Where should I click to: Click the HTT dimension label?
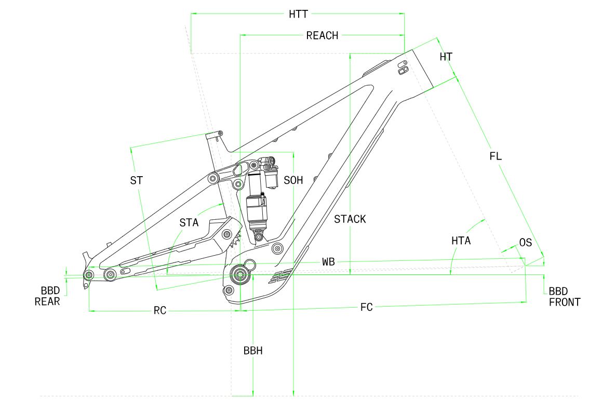point(298,14)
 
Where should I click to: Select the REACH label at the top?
point(322,35)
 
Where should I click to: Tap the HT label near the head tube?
point(446,57)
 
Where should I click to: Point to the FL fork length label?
point(496,155)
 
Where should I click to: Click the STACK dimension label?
point(350,219)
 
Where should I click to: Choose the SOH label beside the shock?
point(293,180)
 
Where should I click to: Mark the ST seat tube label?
point(137,180)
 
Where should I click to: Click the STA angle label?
point(189,222)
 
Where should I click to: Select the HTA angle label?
point(461,241)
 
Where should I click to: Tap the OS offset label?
point(526,243)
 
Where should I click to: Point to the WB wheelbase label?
point(328,262)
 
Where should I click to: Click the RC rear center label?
point(160,311)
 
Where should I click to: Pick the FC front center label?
point(367,307)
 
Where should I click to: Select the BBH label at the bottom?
point(253,350)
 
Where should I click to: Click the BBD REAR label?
point(48,296)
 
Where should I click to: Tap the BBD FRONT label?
point(564,297)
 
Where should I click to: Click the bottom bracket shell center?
point(239,275)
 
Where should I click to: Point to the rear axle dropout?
point(89,274)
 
